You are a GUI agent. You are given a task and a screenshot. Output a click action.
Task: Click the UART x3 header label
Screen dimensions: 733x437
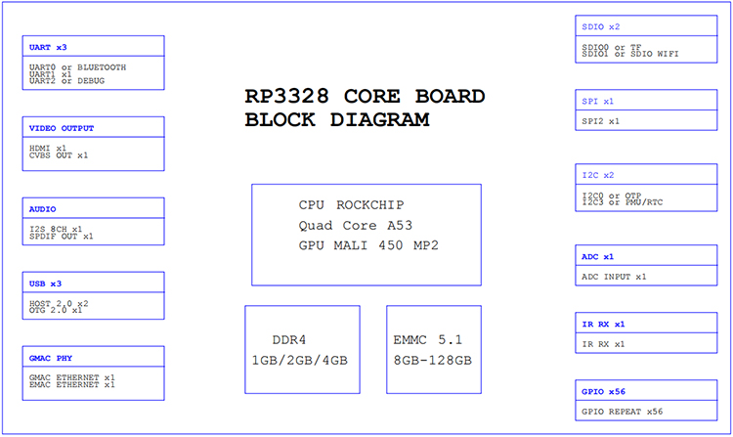48,47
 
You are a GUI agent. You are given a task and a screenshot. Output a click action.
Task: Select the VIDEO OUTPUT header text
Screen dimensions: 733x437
62,128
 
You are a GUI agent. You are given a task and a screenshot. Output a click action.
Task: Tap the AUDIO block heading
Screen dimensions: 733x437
42,209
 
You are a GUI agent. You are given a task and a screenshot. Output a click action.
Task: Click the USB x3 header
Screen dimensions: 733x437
45,284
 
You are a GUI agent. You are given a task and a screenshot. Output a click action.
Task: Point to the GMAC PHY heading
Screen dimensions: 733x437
51,358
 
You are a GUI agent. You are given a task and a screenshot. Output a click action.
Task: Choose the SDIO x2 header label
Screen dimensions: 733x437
601,26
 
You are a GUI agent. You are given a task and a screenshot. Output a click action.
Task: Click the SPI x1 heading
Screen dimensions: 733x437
597,101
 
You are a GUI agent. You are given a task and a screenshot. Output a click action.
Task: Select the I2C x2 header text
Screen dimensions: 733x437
598,175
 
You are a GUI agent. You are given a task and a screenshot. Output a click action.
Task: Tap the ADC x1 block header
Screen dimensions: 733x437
597,256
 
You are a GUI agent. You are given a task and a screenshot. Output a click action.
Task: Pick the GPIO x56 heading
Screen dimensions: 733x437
603,392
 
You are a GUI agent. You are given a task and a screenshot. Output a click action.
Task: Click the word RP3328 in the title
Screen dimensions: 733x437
287,96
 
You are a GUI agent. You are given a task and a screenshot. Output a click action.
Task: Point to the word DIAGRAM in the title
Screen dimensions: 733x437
379,119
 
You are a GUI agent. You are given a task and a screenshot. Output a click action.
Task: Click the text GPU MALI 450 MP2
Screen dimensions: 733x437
368,245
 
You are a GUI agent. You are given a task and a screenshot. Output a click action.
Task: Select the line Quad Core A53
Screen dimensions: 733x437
356,225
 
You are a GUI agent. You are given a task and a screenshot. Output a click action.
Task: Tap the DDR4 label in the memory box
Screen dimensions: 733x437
289,340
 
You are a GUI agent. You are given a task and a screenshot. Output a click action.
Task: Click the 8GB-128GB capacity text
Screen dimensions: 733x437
432,361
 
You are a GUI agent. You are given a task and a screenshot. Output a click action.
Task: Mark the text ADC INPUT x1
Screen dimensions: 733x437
614,277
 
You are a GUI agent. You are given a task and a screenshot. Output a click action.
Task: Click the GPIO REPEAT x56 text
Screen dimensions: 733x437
622,412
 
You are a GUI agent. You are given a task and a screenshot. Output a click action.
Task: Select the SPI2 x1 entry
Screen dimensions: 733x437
600,121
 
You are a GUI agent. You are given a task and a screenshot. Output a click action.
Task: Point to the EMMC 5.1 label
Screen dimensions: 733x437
427,340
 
